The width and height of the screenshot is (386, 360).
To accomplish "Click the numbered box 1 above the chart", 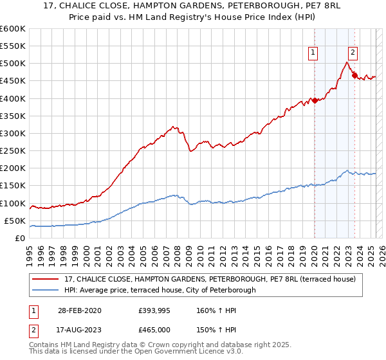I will [x=313, y=53].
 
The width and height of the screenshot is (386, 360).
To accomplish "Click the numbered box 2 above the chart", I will [x=353, y=53].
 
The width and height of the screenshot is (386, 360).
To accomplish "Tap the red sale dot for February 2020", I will [x=315, y=100].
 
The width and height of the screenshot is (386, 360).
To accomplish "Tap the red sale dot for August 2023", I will [x=354, y=76].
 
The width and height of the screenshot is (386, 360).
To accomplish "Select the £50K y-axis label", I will [x=15, y=221].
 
